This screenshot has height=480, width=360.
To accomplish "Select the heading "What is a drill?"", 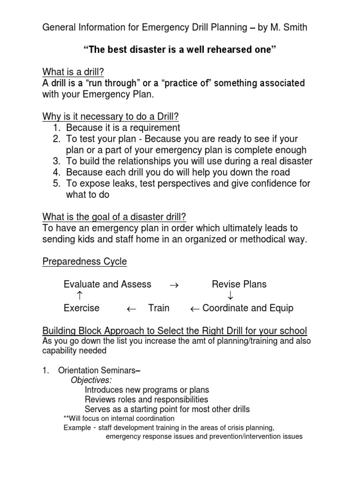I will tap(73, 72).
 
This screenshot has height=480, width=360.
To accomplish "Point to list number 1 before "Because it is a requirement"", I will tap(57, 127).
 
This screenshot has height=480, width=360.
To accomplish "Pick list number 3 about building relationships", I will tap(57, 161).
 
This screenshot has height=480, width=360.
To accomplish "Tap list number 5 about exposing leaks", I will tap(57, 184).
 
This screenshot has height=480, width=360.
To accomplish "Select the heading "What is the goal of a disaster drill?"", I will tap(114, 217).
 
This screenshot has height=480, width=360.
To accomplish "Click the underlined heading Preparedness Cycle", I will tap(84, 262).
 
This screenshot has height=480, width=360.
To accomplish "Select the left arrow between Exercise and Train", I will tap(132, 308).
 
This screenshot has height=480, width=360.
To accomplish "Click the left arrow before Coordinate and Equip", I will tap(195, 308).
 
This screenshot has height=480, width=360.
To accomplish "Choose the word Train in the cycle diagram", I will tap(159, 308).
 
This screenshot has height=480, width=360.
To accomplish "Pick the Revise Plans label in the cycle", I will tap(239, 284).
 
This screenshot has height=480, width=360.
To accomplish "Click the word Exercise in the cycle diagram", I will tap(82, 308).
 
